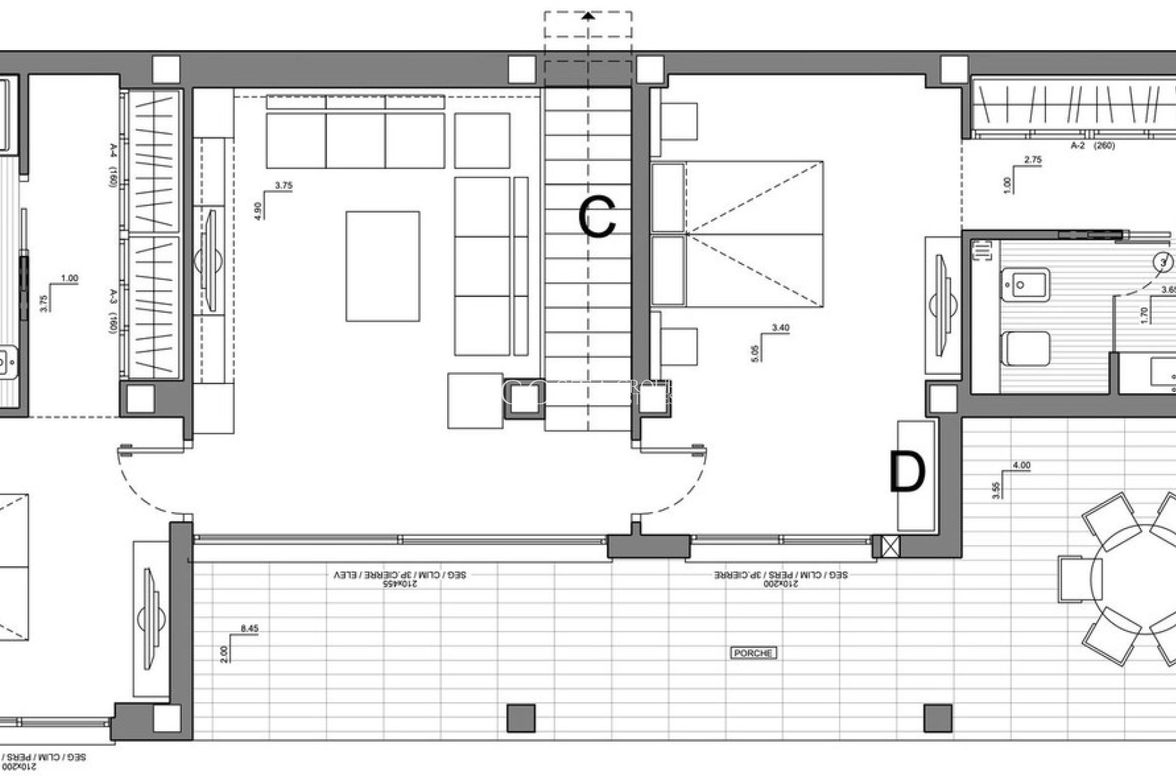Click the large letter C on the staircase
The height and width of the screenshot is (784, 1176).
click(x=597, y=217)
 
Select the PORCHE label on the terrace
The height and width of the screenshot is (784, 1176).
click(x=753, y=653)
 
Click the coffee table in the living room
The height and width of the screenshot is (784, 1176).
click(x=383, y=266)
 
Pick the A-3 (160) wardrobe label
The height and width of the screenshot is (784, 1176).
click(x=113, y=311)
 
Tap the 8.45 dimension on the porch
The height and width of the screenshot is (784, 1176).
click(x=249, y=628)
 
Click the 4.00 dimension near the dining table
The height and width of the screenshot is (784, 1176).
click(x=1021, y=466)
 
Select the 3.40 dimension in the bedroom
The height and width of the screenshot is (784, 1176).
click(x=780, y=328)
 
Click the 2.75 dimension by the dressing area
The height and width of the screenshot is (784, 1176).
click(x=1032, y=160)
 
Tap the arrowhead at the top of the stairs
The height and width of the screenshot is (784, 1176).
click(x=588, y=17)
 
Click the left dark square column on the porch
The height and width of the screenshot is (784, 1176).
click(x=521, y=718)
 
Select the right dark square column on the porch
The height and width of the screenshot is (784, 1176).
click(x=938, y=718)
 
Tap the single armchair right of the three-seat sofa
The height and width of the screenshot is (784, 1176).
click(x=482, y=140)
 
